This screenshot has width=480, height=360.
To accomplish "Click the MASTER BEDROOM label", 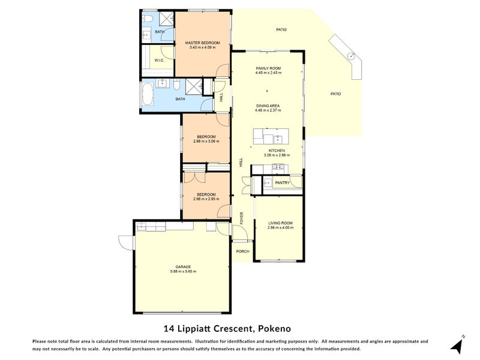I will [202, 43].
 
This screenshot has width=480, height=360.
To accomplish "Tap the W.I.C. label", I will [159, 61].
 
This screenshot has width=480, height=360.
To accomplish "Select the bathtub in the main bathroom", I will [148, 94].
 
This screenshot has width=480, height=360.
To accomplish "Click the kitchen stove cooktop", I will [277, 167].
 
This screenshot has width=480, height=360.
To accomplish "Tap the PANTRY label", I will [282, 183].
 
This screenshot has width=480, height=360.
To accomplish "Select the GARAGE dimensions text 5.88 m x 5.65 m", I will [183, 271].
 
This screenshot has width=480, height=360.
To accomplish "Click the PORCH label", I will [242, 251].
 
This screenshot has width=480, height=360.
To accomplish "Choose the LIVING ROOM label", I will [281, 223].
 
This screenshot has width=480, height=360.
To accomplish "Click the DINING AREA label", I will [268, 106].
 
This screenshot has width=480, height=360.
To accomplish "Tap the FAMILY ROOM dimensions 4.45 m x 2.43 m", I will [268, 73].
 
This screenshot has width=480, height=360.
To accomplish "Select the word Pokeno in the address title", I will [274, 328].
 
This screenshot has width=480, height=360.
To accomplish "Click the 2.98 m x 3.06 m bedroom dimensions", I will [206, 142].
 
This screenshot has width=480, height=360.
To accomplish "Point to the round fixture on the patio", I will [353, 57].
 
